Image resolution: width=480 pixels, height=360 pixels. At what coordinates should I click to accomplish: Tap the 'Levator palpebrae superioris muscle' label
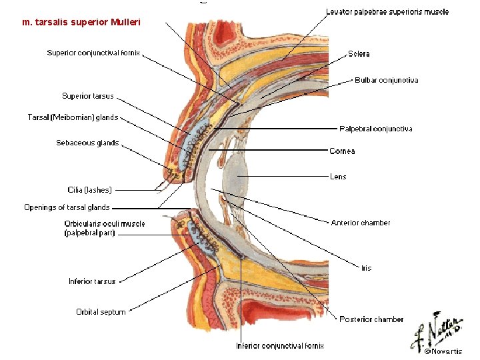tap(387, 12)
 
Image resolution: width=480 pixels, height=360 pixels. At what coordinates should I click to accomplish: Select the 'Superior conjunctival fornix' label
tap(93, 53)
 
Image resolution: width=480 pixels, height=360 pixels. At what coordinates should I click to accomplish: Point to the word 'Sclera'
tap(359, 54)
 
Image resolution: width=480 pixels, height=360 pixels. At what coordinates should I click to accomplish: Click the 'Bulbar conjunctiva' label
tap(387, 81)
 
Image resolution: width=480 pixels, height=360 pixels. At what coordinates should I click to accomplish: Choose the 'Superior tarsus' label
tap(88, 96)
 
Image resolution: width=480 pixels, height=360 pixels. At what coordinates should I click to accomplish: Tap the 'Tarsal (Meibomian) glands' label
tap(73, 118)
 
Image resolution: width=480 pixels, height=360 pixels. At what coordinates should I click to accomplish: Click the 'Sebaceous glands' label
tap(87, 143)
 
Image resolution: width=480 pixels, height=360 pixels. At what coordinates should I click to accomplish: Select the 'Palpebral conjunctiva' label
tap(376, 129)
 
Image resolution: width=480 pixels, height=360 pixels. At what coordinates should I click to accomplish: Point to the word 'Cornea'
tap(342, 151)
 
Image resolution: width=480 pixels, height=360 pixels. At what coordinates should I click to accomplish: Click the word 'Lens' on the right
tap(338, 177)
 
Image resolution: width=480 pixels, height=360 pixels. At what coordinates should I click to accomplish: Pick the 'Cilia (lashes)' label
tap(90, 190)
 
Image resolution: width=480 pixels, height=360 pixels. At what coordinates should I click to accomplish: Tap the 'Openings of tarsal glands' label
tap(67, 207)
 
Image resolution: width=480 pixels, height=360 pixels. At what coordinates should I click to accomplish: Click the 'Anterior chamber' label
tap(361, 223)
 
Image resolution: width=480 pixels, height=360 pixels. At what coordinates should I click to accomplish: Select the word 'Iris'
tap(366, 268)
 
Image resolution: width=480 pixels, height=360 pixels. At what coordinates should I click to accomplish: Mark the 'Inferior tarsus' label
tap(92, 281)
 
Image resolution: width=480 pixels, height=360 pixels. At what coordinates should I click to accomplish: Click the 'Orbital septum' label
tap(101, 312)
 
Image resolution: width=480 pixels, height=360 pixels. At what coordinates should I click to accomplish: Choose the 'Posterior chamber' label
tap(371, 319)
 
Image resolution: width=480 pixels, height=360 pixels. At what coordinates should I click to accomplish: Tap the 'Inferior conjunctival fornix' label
tap(280, 346)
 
